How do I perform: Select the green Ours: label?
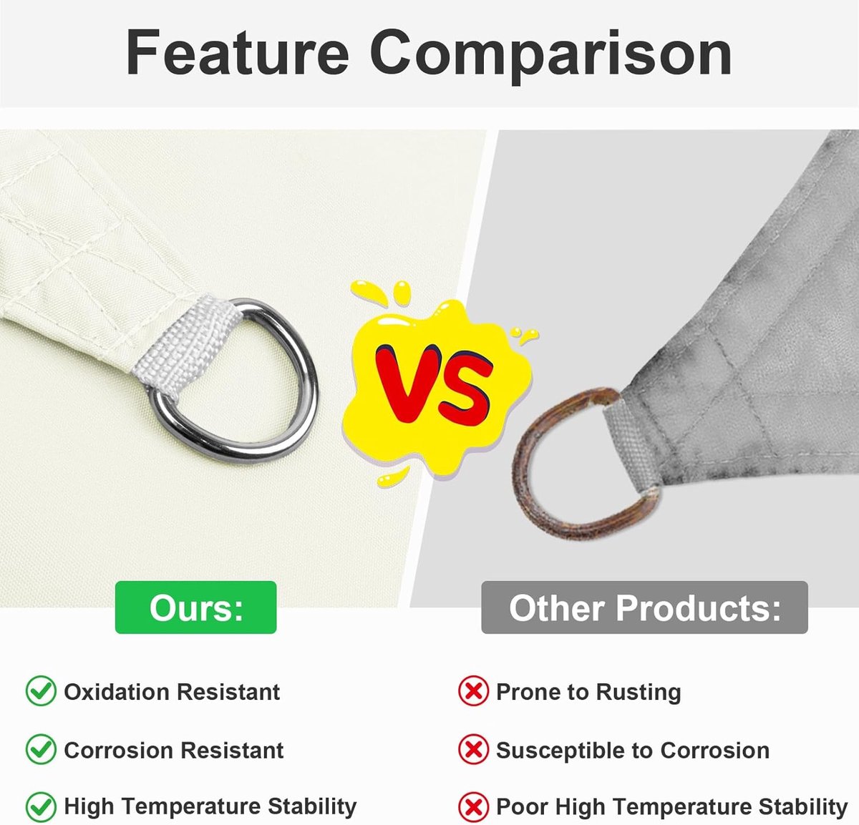(x=195, y=607)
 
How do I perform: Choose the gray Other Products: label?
(x=644, y=607)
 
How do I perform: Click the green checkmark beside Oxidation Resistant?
(x=41, y=691)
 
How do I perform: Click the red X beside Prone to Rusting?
(x=473, y=691)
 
